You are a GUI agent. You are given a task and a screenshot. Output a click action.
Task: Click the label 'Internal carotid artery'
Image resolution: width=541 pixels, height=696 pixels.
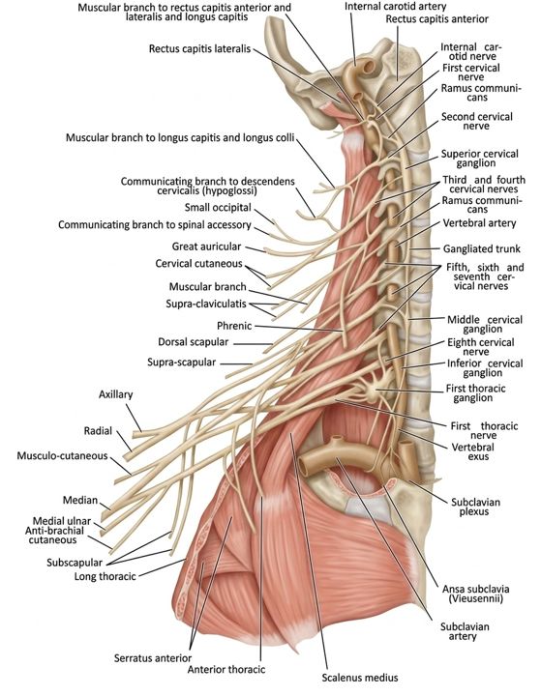395,7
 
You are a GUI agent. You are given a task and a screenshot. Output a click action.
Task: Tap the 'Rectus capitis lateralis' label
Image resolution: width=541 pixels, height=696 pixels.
199,48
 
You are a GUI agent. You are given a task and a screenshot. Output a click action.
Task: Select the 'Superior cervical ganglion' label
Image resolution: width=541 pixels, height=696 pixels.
479,159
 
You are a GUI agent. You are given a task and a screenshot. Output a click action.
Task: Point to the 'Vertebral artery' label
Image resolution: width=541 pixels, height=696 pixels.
479,223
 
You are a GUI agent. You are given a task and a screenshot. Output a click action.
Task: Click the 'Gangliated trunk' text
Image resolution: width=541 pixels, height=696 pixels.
481,248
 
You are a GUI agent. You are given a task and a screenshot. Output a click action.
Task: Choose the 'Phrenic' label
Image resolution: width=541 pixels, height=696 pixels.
234,326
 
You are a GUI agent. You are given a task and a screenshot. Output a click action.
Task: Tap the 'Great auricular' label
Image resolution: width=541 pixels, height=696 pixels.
206,246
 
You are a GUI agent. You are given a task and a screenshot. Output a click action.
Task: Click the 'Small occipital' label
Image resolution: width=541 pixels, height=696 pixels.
218,207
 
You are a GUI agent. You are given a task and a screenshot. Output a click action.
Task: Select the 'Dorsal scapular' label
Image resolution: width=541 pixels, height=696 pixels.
193,342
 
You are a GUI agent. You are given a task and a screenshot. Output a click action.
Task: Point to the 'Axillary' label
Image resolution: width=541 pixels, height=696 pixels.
115,394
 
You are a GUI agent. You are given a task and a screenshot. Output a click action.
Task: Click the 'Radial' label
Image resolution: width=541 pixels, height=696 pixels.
98,430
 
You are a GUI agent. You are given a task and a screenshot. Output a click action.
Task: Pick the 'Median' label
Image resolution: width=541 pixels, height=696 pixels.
80,501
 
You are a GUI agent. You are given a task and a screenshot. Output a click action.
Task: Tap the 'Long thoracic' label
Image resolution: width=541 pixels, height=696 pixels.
105,576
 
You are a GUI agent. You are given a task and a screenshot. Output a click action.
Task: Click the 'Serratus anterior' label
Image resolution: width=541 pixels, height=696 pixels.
153,658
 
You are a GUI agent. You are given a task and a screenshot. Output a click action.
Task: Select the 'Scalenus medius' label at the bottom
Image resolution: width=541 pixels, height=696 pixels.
360,678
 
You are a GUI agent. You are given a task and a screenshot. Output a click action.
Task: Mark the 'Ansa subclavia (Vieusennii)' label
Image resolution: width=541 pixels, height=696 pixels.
475,594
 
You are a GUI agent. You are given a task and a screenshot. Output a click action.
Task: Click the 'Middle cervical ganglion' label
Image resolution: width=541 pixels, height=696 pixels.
485,324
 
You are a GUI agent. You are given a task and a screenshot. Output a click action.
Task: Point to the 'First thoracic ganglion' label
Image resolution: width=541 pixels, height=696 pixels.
475,392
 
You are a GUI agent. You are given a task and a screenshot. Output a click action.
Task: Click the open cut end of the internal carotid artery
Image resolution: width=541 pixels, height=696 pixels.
369,67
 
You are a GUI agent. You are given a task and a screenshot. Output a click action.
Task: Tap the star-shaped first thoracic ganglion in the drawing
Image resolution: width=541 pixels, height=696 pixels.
373,390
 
